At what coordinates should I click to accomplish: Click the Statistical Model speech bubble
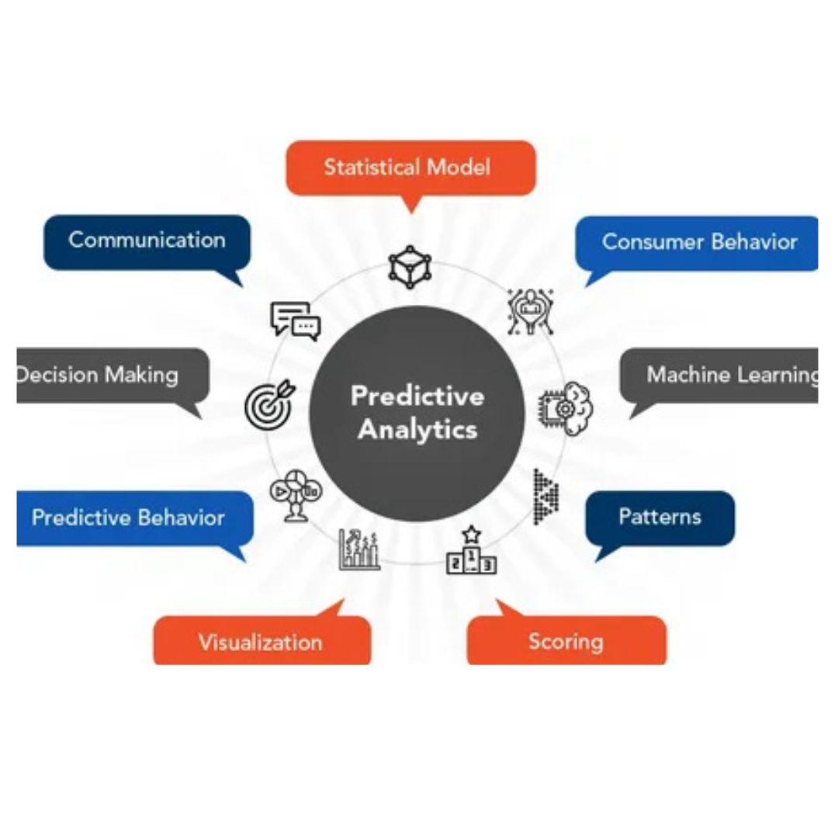pos(410,168)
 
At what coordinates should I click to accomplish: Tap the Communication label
pos(147,240)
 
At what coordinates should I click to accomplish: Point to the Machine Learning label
pos(732,375)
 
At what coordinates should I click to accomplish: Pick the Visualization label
pos(260,642)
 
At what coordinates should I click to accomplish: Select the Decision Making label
pos(97,376)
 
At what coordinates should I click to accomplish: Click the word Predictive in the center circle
pos(417,396)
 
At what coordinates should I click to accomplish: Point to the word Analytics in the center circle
pos(417,430)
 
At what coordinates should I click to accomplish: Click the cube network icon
pos(410,267)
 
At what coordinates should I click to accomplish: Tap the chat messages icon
pos(296,321)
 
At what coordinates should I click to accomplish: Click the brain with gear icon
pos(566,408)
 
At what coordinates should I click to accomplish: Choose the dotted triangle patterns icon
pos(546,497)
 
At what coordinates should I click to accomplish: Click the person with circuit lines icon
pos(530,312)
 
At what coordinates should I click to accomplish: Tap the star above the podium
pos(472,534)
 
